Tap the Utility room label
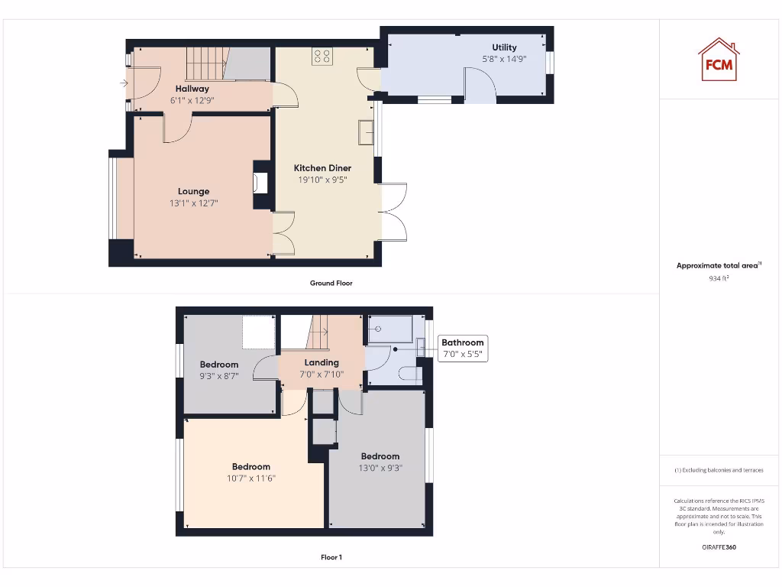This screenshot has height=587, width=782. pos(504,47)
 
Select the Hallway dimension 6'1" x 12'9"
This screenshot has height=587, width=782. pos(192,99)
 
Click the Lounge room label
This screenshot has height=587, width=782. pos(193,191)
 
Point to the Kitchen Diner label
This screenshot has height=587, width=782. pos(322,168)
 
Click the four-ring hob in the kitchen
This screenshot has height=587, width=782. pos(322,56)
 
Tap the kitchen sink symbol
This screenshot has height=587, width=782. pos(366,132)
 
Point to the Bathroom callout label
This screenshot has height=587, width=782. pos(462,343)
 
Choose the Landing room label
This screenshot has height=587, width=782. pos(322,362)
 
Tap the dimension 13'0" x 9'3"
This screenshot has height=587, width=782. pos(380,468)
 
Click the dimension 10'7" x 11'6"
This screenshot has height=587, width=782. pos(251,478)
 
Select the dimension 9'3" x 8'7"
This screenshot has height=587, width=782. pos(219,376)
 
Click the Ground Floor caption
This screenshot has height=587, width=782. pos(331,283)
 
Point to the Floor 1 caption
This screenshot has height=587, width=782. pos(331,557)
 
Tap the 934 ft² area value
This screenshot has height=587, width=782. pos(718,279)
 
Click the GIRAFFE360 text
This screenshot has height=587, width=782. pos(718,547)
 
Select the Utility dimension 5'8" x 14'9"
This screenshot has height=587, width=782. pos(504,59)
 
